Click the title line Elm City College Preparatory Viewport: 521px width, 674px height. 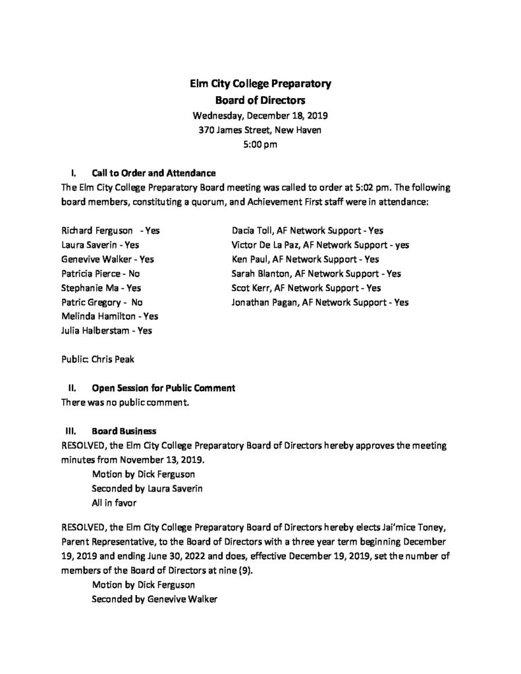(260, 84)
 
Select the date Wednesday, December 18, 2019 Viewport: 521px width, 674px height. (260, 115)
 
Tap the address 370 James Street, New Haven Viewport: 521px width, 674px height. (260, 130)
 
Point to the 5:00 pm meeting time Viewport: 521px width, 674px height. (260, 144)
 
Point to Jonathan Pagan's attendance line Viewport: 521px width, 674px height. (320, 302)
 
